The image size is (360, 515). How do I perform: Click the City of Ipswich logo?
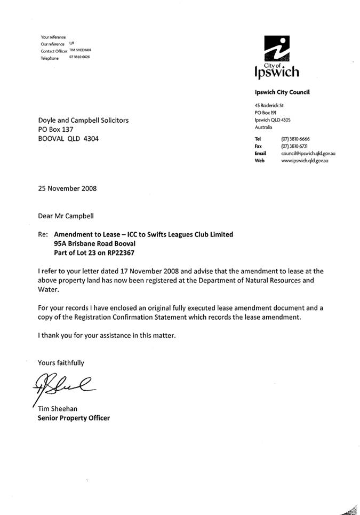coord(277,57)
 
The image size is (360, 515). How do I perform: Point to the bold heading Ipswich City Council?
coord(282,92)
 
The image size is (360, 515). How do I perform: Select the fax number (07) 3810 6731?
coord(295,146)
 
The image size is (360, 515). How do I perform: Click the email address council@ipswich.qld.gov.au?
coord(308,153)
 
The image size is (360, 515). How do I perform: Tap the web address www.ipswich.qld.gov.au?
coord(305,160)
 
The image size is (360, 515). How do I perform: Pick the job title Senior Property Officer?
coord(74,418)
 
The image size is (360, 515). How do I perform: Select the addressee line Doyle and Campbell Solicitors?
coord(83,121)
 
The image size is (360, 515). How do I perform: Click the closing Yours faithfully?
coord(61,363)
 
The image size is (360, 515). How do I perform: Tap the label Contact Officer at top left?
coord(54,51)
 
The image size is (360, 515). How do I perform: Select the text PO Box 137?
coord(55,129)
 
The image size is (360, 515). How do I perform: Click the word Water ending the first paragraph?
coord(49,289)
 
